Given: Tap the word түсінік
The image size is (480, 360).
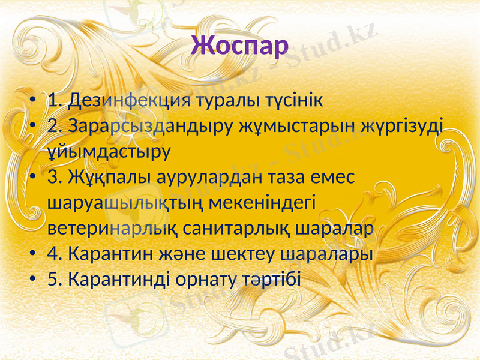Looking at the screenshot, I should pos(294,100).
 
